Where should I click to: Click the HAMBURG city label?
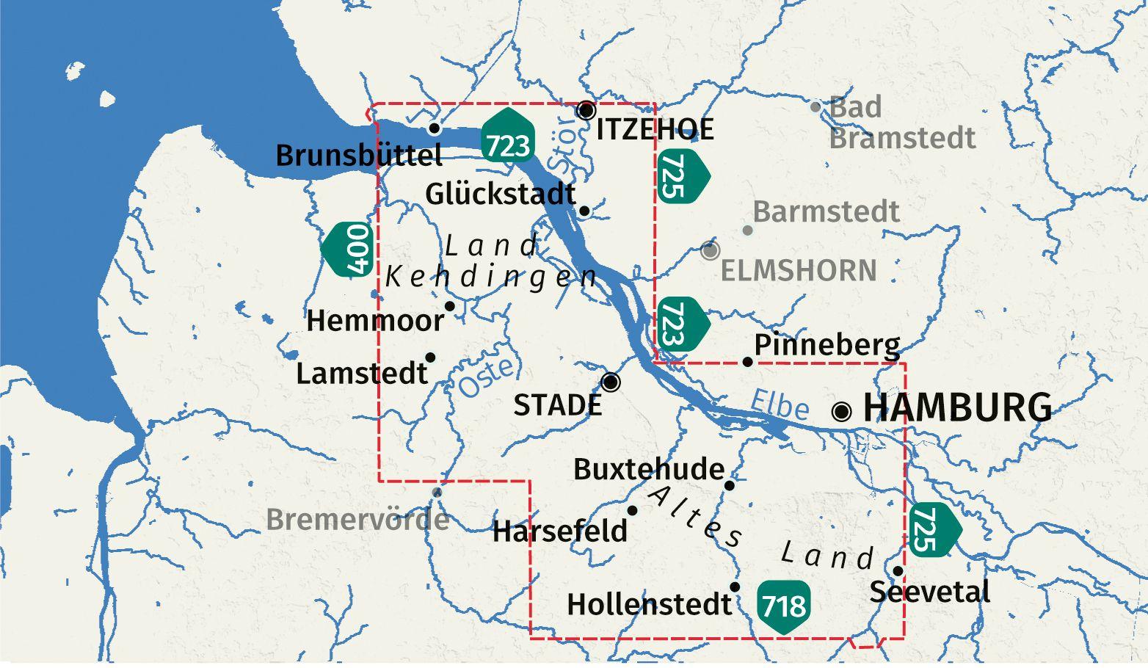956,408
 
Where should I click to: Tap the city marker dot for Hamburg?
841,411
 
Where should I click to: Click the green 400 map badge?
349,250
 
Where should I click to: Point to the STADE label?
557,405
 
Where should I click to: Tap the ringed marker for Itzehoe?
586,110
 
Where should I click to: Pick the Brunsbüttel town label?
358,156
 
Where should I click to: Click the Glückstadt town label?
500,195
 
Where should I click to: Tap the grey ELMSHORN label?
798,271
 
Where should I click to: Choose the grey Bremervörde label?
357,520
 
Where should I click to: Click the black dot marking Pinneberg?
747,361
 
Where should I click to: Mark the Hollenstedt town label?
649,605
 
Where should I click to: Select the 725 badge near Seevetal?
932,529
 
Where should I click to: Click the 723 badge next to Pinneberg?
679,324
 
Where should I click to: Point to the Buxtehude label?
648,469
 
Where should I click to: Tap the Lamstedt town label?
361,374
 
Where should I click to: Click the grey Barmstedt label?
826,212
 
